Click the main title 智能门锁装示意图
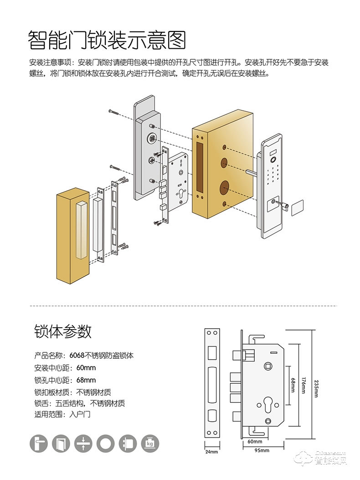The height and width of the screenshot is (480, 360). pyautogui.click(x=107, y=40)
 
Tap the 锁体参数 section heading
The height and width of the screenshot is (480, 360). pyautogui.click(x=63, y=330)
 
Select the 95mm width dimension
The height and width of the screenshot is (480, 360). pyautogui.click(x=262, y=450)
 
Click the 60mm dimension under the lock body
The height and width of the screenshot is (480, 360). pyautogui.click(x=255, y=442)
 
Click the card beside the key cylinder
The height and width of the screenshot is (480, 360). pyautogui.click(x=297, y=206)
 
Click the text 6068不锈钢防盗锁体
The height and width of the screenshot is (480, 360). pyautogui.click(x=102, y=355)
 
